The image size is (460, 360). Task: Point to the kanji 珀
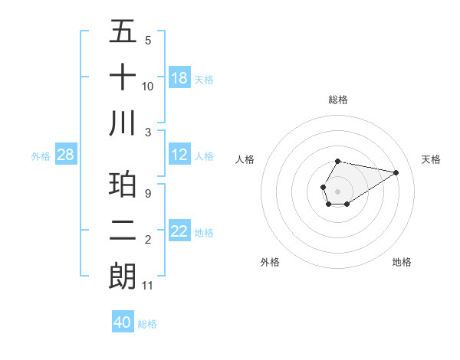point(123,185)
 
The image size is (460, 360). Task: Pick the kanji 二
point(123,230)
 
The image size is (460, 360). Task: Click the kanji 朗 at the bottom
point(123,275)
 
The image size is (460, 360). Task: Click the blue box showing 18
point(179,77)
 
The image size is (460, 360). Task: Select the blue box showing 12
point(179,155)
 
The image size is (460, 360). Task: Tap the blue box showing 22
point(179,231)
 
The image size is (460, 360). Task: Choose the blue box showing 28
point(66,155)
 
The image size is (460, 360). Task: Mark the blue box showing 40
point(123,322)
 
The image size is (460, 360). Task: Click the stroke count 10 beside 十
point(148,87)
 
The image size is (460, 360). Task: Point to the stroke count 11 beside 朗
point(148,286)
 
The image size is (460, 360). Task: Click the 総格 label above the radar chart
point(338,100)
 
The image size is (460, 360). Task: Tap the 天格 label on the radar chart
point(431,159)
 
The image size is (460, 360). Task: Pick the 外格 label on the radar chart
point(270,262)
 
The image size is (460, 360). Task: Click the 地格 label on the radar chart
point(402,262)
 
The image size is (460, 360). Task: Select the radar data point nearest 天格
point(396,172)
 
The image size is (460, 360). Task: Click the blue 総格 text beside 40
point(147,324)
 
